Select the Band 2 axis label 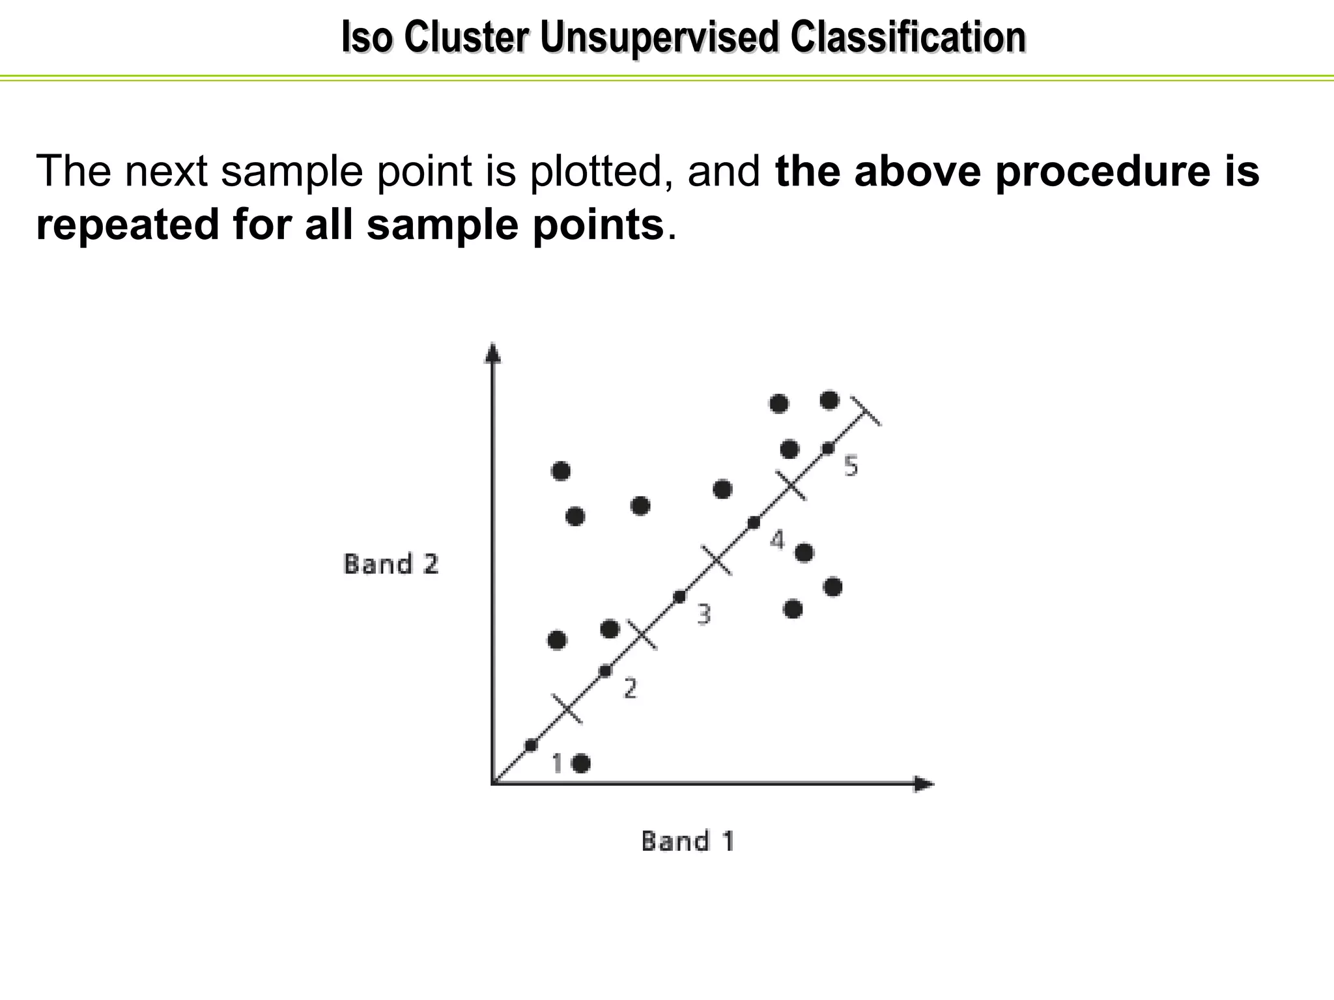391,564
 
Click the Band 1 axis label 688,840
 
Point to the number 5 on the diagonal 851,466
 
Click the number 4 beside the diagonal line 777,540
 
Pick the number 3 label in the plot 703,614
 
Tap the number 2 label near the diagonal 629,688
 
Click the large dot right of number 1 581,763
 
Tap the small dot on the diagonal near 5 828,448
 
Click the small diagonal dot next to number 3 679,596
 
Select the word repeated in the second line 128,225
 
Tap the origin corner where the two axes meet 493,784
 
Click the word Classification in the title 908,38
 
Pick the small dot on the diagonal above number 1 531,745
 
